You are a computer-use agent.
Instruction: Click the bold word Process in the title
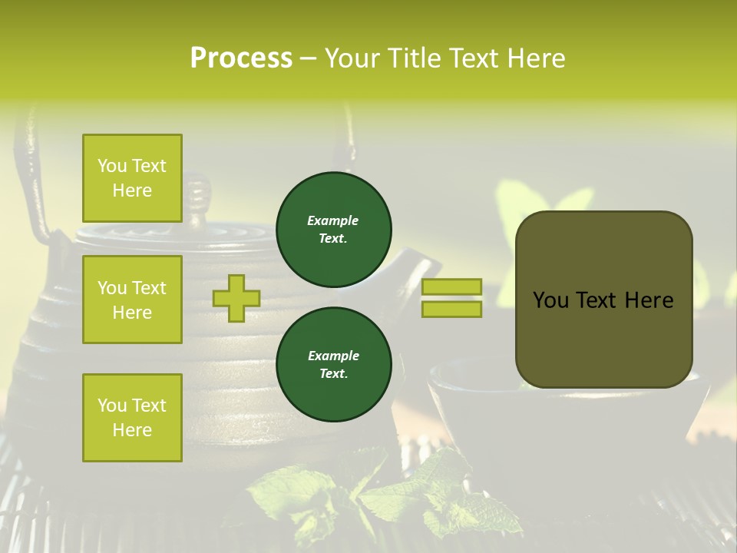point(241,58)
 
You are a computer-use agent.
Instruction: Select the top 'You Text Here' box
point(132,178)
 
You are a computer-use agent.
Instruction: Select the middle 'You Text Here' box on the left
point(132,300)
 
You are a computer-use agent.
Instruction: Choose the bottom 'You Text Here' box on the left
point(132,417)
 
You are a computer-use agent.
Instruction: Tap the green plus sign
point(236,299)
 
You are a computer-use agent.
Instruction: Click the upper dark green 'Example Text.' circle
point(334,230)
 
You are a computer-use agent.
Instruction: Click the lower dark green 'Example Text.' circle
point(334,365)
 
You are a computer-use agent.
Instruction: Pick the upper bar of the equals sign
point(452,287)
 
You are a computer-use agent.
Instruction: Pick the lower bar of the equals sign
point(452,310)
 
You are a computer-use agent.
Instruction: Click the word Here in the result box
point(649,300)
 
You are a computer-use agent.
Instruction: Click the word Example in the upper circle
point(333,220)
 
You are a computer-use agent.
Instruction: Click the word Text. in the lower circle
point(333,374)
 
